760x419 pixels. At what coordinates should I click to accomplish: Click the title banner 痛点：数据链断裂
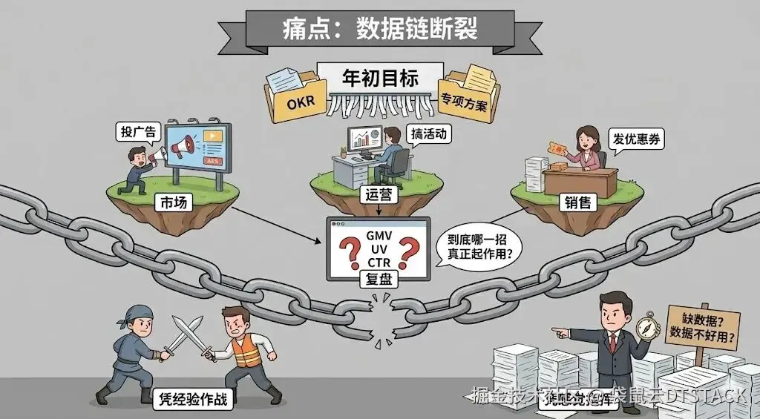click(x=379, y=28)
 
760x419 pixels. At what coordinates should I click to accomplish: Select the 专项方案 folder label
click(x=464, y=101)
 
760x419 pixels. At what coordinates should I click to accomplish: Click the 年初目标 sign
click(x=379, y=78)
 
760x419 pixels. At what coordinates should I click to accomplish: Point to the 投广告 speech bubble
click(x=139, y=133)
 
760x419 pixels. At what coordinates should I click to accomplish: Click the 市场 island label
click(x=173, y=202)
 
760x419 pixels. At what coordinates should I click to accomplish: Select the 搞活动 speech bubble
click(x=430, y=134)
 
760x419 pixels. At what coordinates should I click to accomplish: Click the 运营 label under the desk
click(x=381, y=196)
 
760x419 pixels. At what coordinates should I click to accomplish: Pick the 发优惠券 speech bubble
click(x=635, y=139)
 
